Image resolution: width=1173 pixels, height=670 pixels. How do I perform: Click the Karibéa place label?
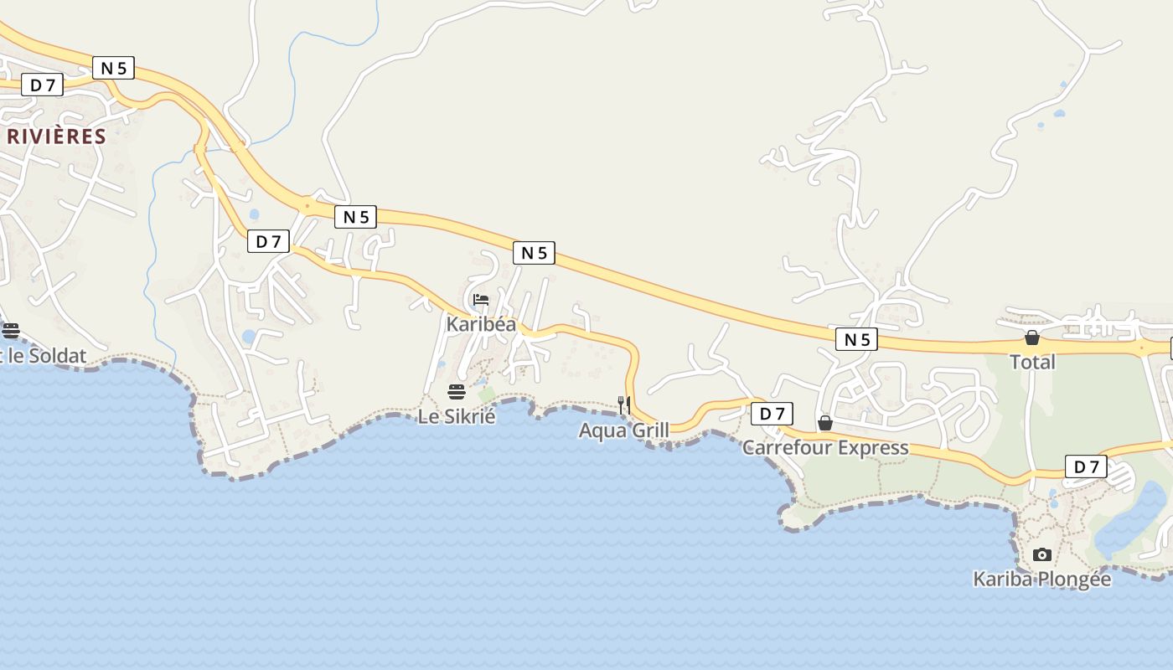click(x=481, y=324)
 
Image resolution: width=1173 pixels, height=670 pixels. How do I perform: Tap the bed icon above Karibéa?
click(x=481, y=300)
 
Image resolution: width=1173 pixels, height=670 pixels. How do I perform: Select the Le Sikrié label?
click(x=457, y=416)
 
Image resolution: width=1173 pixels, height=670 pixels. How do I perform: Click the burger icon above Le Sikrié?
click(x=457, y=392)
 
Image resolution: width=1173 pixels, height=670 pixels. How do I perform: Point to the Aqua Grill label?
click(x=624, y=430)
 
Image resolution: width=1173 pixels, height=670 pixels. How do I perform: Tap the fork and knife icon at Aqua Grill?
click(x=624, y=405)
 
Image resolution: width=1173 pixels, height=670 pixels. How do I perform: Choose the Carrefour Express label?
click(x=825, y=447)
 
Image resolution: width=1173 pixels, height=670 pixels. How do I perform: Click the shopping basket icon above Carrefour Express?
click(x=825, y=423)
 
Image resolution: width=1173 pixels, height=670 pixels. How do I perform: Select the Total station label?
click(x=1032, y=362)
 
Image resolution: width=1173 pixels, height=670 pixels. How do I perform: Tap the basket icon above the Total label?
click(x=1032, y=338)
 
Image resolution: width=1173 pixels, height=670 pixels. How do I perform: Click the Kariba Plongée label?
click(x=1041, y=579)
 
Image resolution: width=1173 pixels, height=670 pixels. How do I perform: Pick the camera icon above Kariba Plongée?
click(x=1042, y=554)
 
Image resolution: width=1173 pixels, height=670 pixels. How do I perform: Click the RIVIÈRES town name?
click(x=56, y=137)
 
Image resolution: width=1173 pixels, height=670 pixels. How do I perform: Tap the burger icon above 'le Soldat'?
click(x=11, y=330)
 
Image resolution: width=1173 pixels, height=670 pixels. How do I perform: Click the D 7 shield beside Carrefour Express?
click(x=772, y=414)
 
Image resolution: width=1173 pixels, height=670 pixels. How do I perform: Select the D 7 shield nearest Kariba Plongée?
click(x=1086, y=467)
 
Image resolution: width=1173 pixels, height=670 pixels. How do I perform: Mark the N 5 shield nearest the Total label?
click(x=856, y=339)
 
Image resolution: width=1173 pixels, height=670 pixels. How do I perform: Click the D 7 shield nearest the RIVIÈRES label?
click(x=42, y=85)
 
